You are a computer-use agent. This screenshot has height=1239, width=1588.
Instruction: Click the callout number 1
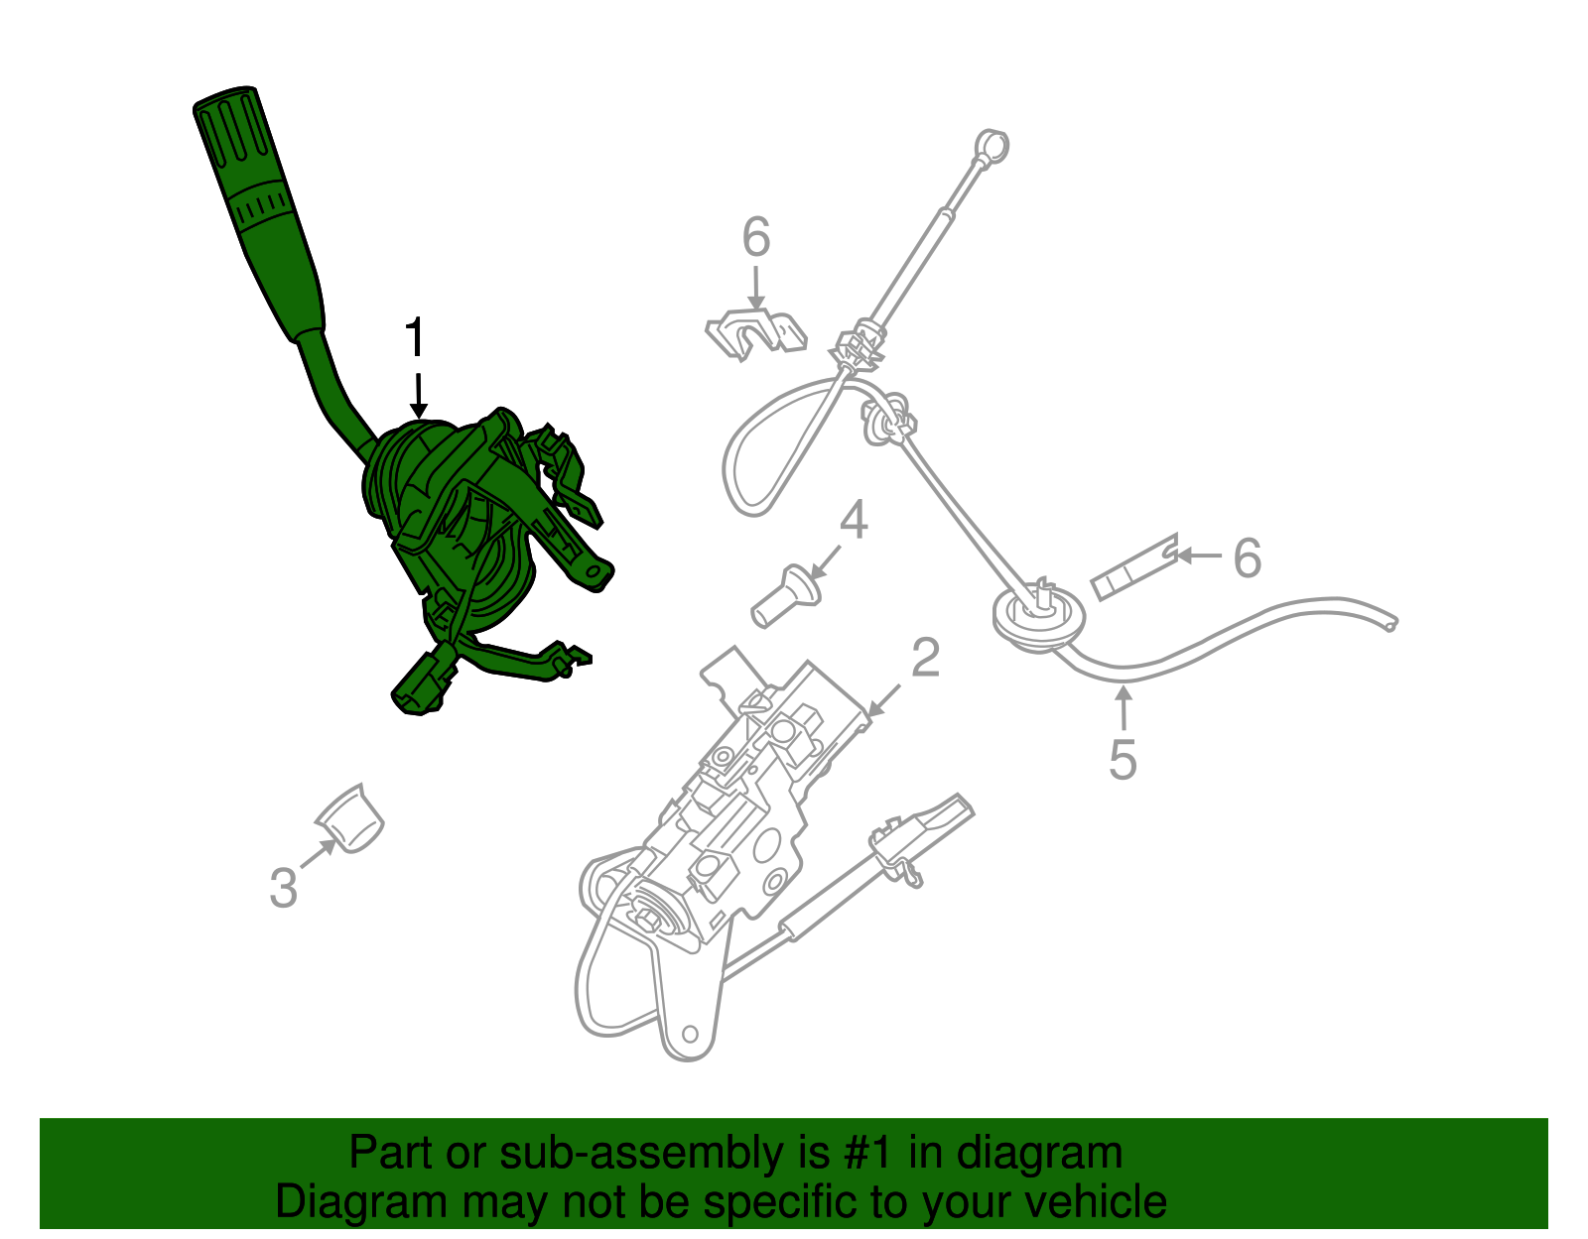click(415, 337)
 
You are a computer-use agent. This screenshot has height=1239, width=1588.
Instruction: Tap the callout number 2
click(925, 657)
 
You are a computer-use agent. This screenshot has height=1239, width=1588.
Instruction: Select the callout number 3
click(284, 888)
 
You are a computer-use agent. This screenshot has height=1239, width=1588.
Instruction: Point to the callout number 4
click(854, 520)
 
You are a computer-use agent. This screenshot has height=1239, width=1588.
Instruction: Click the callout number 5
click(1124, 760)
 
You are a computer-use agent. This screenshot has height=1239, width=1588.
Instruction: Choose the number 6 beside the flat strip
click(1248, 558)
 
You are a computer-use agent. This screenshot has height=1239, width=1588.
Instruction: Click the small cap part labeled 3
click(349, 819)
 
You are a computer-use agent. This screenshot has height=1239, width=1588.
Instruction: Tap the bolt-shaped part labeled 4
click(786, 596)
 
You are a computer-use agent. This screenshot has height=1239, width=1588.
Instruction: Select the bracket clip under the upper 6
click(756, 334)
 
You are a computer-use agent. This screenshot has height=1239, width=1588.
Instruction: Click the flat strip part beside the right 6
click(1134, 567)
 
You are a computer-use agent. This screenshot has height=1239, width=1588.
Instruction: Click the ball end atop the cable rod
click(992, 147)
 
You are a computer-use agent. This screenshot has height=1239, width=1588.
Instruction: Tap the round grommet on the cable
click(1038, 615)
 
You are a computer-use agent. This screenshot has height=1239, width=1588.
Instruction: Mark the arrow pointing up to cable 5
click(1124, 708)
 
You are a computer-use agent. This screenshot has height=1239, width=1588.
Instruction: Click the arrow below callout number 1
click(418, 397)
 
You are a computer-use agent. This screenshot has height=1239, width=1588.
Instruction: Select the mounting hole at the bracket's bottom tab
click(690, 1034)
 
